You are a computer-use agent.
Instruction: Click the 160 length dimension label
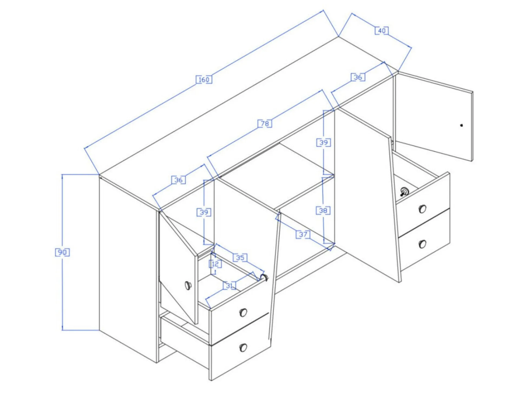click(x=204, y=80)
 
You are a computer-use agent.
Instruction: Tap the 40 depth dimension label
click(x=382, y=31)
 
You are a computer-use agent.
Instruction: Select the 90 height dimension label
click(x=62, y=252)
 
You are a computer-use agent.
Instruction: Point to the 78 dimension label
click(x=265, y=123)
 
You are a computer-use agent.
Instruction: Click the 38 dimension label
click(x=323, y=210)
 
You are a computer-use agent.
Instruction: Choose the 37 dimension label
click(x=303, y=234)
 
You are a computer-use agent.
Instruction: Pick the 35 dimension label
click(x=240, y=258)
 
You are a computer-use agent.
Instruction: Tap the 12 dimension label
click(x=215, y=264)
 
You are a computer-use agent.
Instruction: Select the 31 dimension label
click(x=229, y=285)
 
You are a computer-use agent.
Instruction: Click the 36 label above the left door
click(x=179, y=180)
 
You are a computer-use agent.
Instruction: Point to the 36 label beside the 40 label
click(x=358, y=77)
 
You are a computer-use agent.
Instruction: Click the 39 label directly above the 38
click(x=323, y=142)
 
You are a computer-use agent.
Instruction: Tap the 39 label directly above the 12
click(x=204, y=212)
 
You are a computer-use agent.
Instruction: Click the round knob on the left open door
click(x=188, y=286)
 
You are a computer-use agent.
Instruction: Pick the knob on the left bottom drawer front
click(x=243, y=347)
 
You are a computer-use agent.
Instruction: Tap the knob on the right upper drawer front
click(x=422, y=209)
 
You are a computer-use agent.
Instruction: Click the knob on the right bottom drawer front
click(x=422, y=244)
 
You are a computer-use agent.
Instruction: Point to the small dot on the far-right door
click(x=461, y=125)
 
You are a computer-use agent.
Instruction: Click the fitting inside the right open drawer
click(x=404, y=191)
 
